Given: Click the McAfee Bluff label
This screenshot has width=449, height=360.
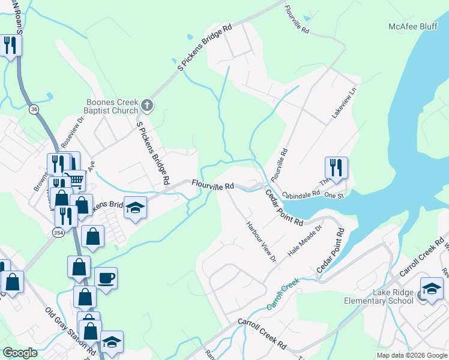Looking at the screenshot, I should click(412, 26).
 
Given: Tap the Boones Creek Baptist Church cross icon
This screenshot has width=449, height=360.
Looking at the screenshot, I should click(146, 107).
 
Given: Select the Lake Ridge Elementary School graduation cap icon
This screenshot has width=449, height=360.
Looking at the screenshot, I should click(432, 289).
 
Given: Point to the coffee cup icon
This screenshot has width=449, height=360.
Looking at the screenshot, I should click(106, 278).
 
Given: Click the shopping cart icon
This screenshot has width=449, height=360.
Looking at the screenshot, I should click(75, 179).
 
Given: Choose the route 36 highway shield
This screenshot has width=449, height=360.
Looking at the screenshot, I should click(33, 109).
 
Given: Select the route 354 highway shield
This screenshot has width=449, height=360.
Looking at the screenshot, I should click(58, 232).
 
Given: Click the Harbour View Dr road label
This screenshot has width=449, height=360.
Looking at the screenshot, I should click(261, 242).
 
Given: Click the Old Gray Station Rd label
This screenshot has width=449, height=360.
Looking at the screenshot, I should click(71, 331).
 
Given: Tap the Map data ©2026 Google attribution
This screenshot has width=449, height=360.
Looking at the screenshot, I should click(411, 355).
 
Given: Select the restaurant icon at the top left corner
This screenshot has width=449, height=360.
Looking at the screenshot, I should click(10, 45).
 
